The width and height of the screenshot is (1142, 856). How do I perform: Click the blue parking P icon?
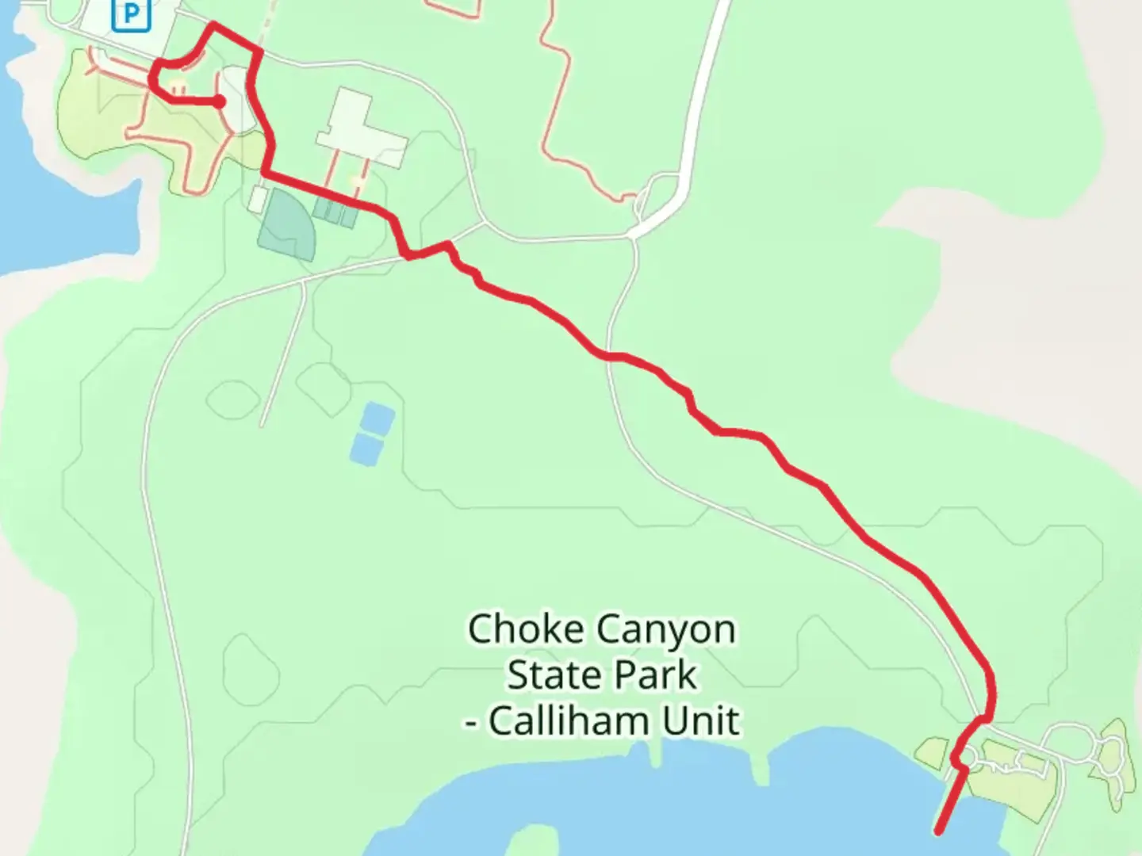131,13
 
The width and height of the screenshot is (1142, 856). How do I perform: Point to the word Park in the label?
657,675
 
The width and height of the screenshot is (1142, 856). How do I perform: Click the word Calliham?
566,721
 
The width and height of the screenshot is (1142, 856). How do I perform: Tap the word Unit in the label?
701,721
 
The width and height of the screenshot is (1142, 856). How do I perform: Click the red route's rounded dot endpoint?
219,101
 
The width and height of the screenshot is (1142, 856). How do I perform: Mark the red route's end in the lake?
939,831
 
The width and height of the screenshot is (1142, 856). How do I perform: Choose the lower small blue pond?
364,449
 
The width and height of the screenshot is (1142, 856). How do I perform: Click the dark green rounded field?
287,224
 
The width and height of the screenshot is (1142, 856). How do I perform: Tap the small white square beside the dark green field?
257,199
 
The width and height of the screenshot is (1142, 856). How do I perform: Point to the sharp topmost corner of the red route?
212,26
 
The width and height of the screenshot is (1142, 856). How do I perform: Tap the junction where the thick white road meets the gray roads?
634,234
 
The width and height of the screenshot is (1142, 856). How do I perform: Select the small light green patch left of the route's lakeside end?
933,751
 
